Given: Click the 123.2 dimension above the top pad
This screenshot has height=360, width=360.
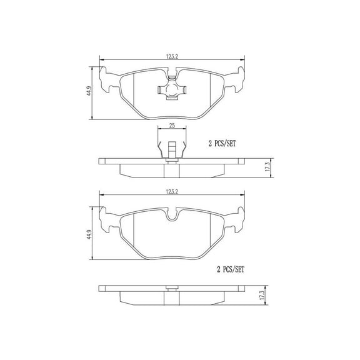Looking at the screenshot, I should coord(172,56).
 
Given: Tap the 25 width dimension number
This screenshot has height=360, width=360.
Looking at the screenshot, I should coord(172,126).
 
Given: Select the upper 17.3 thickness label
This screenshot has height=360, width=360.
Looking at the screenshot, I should coord(267,167).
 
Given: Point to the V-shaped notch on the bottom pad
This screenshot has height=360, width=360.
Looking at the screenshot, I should coord(172,217).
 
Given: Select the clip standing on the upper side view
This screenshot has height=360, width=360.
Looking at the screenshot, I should coord(172,150).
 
